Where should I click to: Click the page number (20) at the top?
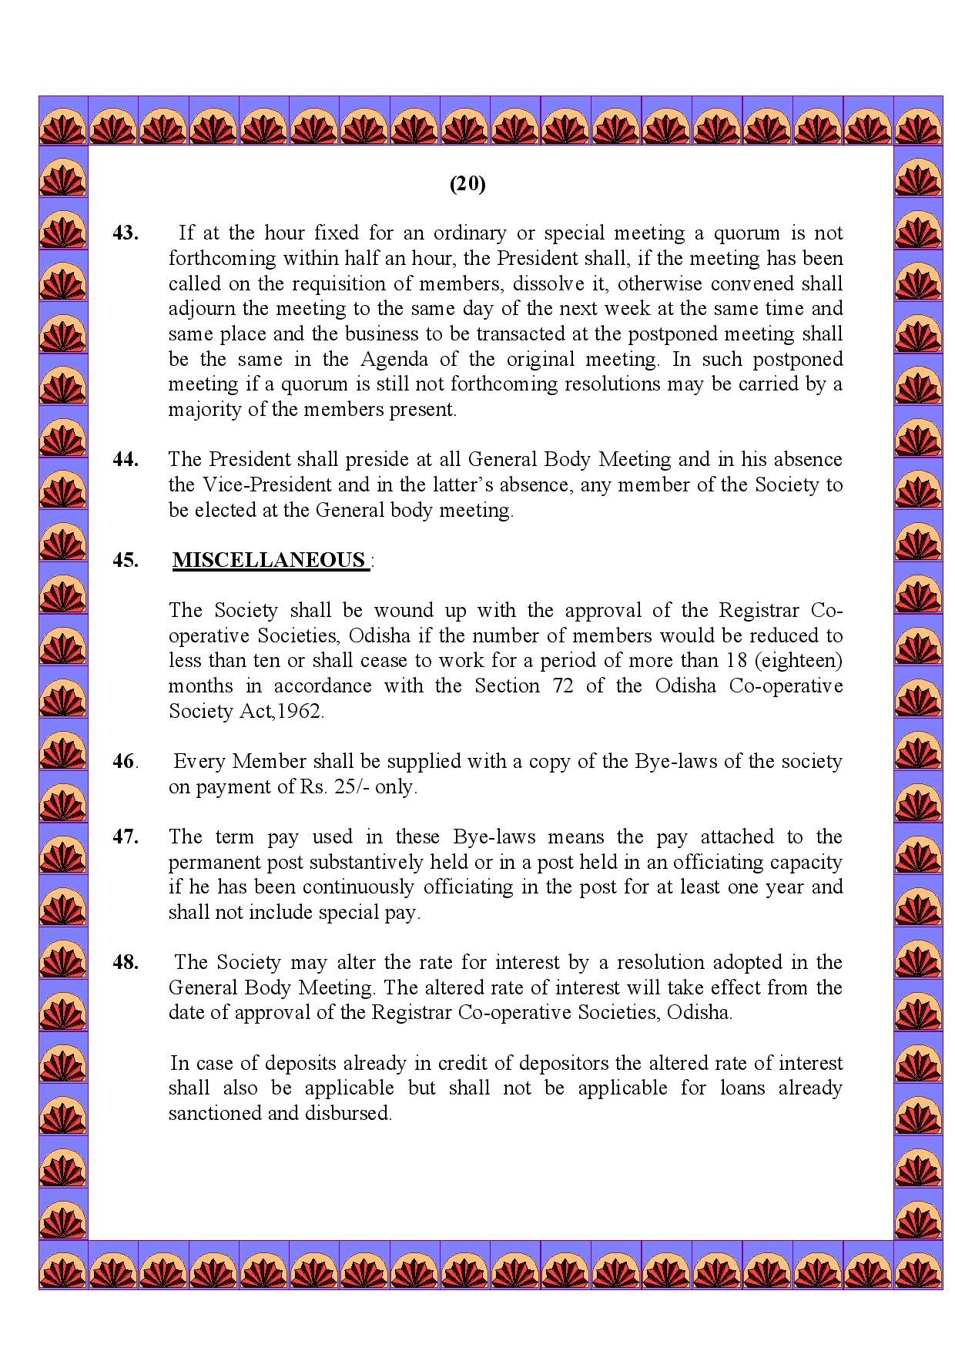click(467, 184)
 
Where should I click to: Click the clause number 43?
click(126, 233)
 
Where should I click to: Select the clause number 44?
click(126, 460)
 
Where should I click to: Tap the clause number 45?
click(126, 560)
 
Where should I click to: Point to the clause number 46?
click(125, 762)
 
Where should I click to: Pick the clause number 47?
click(126, 837)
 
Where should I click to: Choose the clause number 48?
click(126, 963)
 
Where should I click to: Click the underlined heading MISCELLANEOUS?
click(270, 560)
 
